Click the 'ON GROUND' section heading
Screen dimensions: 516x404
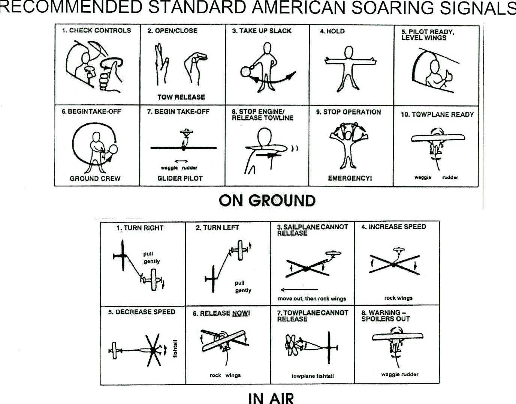pyautogui.click(x=267, y=201)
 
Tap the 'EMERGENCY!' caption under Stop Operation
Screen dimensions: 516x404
pyautogui.click(x=350, y=178)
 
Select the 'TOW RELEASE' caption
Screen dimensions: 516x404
pyautogui.click(x=181, y=97)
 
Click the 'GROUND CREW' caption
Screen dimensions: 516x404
pyautogui.click(x=95, y=179)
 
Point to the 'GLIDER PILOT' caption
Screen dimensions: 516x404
pyautogui.click(x=180, y=179)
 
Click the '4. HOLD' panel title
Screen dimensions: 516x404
pyautogui.click(x=332, y=31)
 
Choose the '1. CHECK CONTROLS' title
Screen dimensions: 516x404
pyautogui.click(x=96, y=30)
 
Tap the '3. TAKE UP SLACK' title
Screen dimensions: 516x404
pyautogui.click(x=262, y=31)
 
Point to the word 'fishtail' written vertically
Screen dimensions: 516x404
pyautogui.click(x=175, y=348)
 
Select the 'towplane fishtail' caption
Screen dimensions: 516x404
pyautogui.click(x=313, y=376)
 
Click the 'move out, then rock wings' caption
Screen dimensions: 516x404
pyautogui.click(x=312, y=299)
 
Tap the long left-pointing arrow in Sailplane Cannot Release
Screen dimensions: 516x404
pyautogui.click(x=299, y=290)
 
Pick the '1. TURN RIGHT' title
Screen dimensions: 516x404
pyautogui.click(x=140, y=228)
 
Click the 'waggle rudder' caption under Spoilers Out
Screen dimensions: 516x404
pyautogui.click(x=399, y=374)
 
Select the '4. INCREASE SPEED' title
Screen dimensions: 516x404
pyautogui.click(x=394, y=227)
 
